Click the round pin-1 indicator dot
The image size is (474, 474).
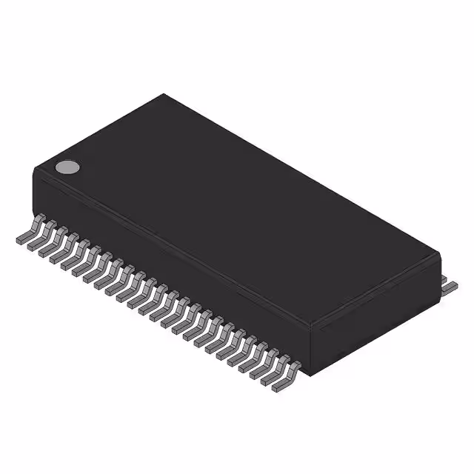67,167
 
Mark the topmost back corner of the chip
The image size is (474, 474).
164,95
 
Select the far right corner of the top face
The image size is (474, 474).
439,253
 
